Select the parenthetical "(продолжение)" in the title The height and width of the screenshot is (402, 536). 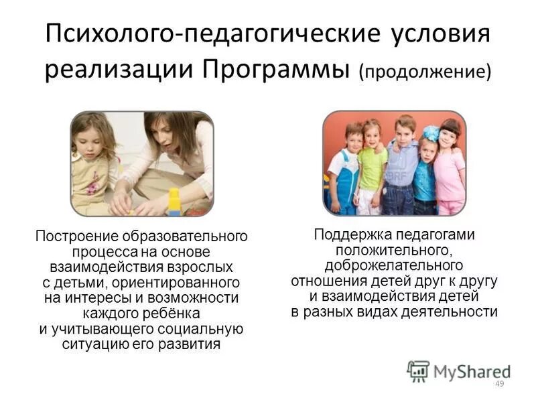425,72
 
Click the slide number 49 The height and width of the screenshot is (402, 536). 498,383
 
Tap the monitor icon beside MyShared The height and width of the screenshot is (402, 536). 418,371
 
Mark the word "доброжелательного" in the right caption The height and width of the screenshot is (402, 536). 394,265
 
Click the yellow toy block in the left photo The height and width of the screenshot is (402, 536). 174,201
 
